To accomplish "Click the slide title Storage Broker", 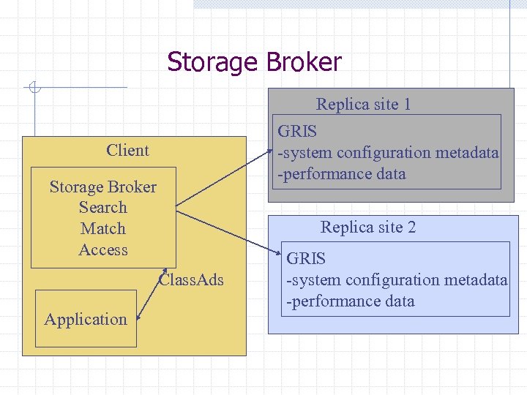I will [x=254, y=62].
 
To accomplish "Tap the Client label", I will [x=127, y=151].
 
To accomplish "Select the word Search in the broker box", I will [x=102, y=208].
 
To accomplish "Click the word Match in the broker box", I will [x=102, y=229].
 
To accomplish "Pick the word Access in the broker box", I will [x=102, y=250].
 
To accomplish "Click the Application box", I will [x=86, y=319].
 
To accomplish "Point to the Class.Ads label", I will [x=192, y=280].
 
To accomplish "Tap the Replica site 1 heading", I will [x=363, y=105].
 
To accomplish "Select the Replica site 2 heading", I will [x=368, y=227].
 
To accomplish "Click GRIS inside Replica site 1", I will [x=297, y=132].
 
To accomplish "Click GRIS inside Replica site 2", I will [x=306, y=259].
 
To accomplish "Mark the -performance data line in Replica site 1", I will [x=341, y=174].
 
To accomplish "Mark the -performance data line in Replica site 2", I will [x=351, y=301].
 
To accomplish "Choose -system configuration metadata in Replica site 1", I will [x=388, y=153].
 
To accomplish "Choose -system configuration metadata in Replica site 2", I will [x=397, y=280].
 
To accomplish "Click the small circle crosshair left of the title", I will [x=34, y=89].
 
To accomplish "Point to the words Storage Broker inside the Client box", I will [x=102, y=187].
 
